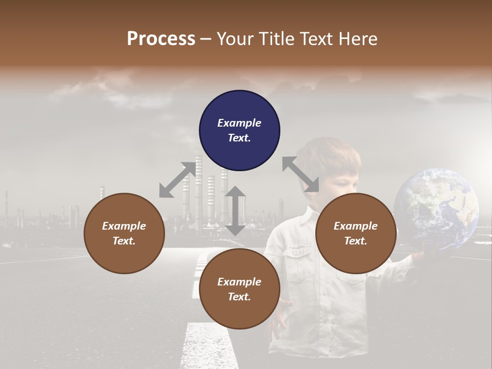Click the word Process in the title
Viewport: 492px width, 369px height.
coord(161,39)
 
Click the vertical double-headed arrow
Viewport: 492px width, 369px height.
coord(235,211)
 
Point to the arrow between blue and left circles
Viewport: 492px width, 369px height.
coord(177,180)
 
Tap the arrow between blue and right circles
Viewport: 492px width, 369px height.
coord(300,175)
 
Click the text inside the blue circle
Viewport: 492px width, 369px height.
coord(239,130)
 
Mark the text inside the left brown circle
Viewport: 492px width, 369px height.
coord(124,233)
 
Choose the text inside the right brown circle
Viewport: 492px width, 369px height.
coord(356,233)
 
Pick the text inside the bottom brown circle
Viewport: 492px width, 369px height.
coord(239,289)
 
